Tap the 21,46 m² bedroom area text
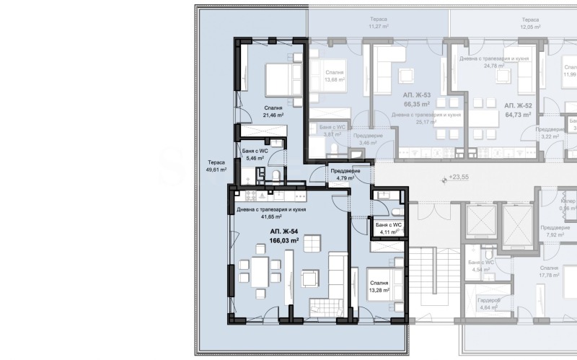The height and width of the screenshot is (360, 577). tap(273, 115)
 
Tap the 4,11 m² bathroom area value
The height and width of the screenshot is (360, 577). tap(388, 232)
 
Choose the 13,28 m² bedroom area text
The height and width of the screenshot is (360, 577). tap(379, 291)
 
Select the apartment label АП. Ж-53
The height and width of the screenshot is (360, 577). tap(417, 95)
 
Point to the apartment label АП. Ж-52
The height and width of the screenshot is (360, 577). tap(518, 105)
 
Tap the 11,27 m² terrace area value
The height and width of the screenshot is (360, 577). tap(379, 27)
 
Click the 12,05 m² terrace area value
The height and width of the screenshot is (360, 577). tap(529, 27)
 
